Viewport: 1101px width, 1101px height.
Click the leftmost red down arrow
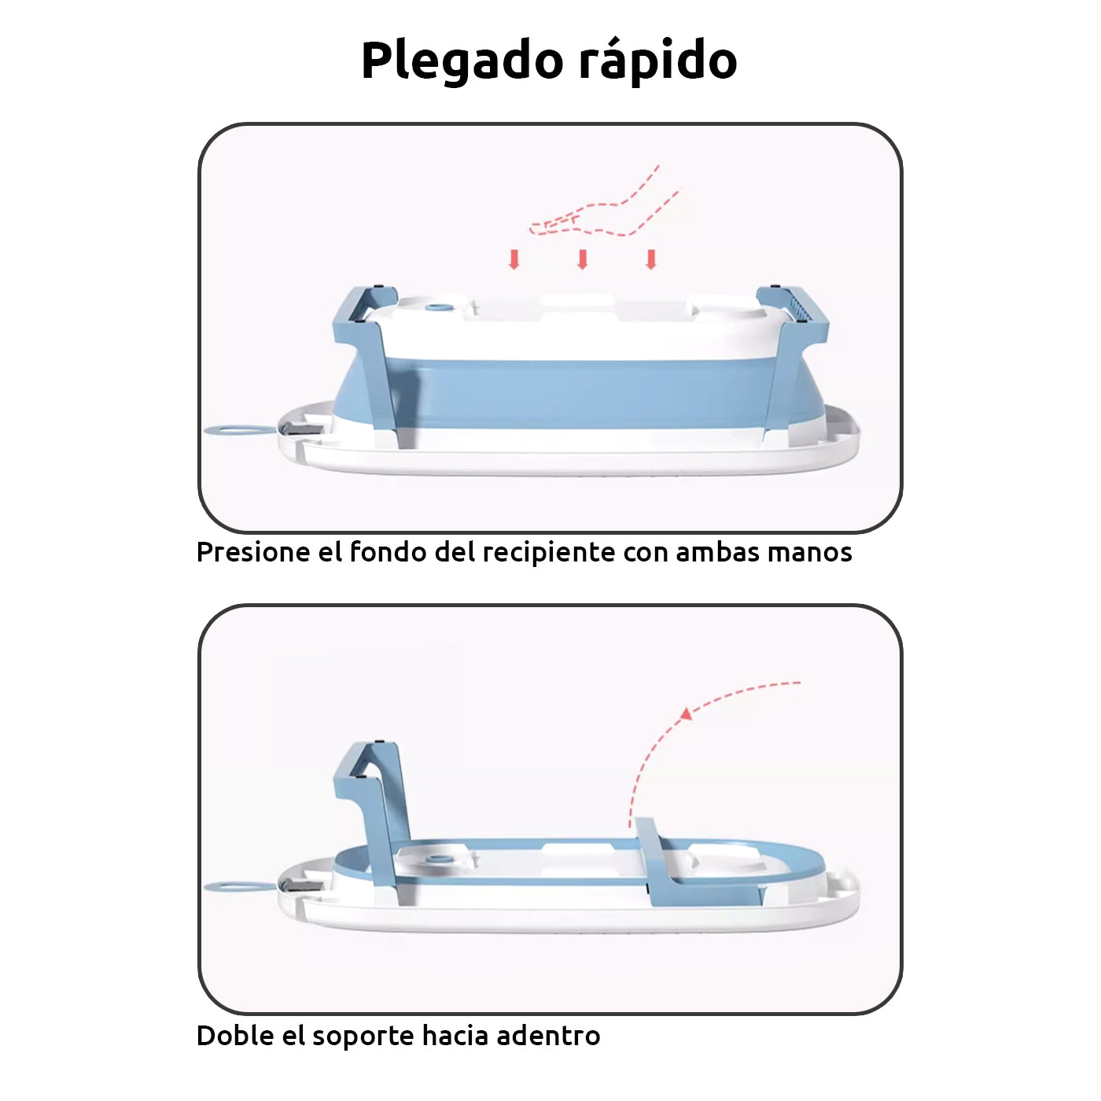tap(514, 259)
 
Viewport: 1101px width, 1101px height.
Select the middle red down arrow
tap(583, 259)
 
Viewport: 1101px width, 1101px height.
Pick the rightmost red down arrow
tap(651, 259)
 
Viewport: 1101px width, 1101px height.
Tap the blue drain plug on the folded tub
tap(439, 859)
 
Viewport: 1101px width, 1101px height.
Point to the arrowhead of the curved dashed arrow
tap(687, 713)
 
